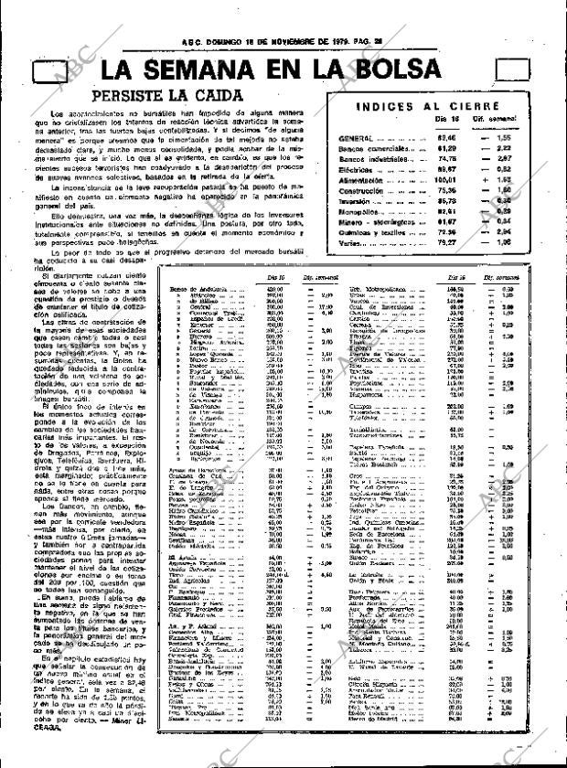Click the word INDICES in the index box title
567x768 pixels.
tap(385, 105)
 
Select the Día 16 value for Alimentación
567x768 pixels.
tap(445, 181)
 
